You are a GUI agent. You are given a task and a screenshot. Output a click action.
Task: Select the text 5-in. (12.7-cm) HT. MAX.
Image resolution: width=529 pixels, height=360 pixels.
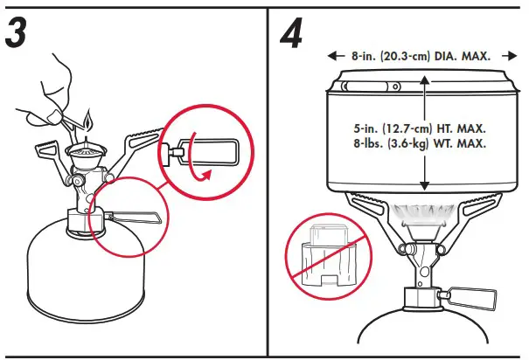(x=422, y=127)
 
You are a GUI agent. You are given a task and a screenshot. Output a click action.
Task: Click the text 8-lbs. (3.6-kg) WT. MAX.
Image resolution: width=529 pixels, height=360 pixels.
(x=422, y=143)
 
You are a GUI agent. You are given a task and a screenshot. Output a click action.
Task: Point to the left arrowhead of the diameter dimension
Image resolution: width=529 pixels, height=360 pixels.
(x=333, y=55)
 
